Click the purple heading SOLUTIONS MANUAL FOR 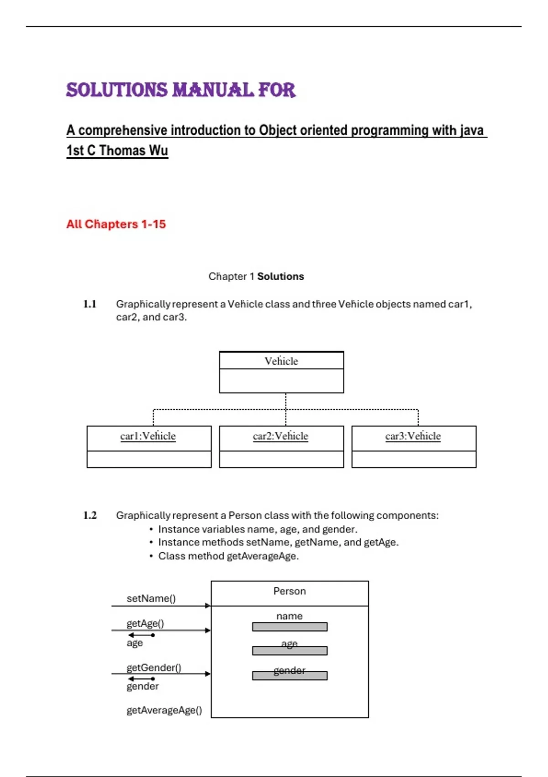[x=181, y=90]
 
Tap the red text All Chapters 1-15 [x=116, y=224]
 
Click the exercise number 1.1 [x=90, y=304]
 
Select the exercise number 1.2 [x=90, y=515]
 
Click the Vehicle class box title [x=281, y=361]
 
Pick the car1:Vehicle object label [x=148, y=436]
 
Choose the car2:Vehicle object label [x=280, y=436]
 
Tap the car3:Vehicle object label [x=413, y=436]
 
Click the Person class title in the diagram [x=290, y=591]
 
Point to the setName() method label [x=151, y=598]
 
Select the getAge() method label [x=145, y=623]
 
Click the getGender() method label [x=154, y=667]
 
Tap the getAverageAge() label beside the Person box [x=164, y=710]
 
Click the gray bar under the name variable [x=290, y=627]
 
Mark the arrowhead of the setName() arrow [x=208, y=606]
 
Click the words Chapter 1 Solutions [x=256, y=277]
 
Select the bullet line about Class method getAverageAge [x=228, y=556]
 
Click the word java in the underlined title [x=472, y=130]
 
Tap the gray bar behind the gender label [x=290, y=676]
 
